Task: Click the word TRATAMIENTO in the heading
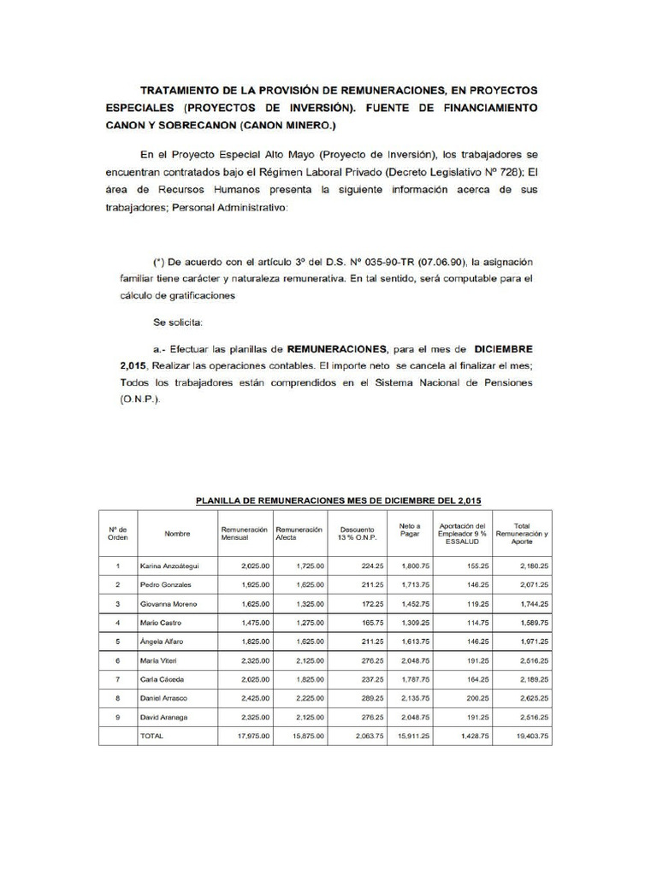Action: [182, 90]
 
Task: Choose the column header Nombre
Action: [177, 534]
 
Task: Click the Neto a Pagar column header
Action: [410, 530]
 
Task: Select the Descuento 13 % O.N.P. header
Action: [357, 534]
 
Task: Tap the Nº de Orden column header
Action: [117, 534]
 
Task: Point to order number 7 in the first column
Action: [117, 679]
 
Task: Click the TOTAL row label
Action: [151, 735]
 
